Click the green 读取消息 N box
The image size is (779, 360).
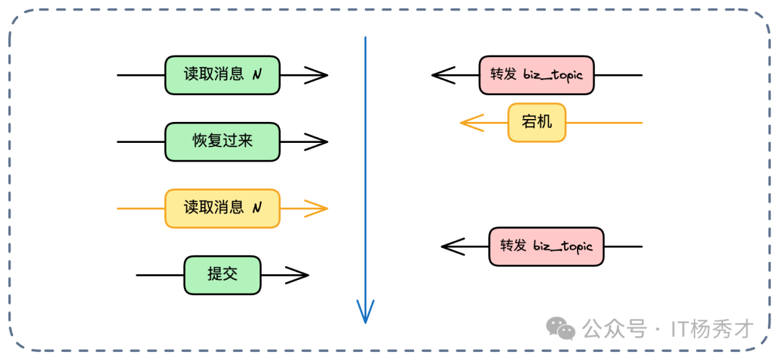(222, 75)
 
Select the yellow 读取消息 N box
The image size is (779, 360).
(222, 208)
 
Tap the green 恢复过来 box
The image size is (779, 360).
(222, 141)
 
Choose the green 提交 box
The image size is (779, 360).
(222, 275)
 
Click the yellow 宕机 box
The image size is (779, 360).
(537, 123)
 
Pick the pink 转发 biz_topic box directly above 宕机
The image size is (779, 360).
(537, 75)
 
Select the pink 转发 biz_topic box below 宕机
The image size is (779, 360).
(546, 247)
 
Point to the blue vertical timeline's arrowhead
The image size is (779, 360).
(366, 312)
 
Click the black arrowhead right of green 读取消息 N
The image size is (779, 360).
(317, 75)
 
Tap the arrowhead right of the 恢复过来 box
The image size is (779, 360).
(317, 141)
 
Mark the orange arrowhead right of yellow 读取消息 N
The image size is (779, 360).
(317, 208)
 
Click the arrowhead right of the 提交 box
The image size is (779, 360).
(298, 275)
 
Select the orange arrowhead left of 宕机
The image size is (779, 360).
(471, 123)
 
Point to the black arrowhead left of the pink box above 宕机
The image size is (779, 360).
(443, 75)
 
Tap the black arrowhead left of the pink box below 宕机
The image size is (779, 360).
(452, 247)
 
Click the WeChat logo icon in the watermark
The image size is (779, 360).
(561, 329)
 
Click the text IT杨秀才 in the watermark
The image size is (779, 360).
(712, 330)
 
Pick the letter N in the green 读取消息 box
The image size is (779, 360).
(257, 75)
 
